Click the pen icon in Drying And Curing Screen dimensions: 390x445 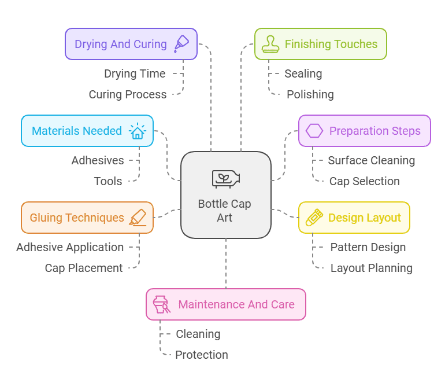(x=181, y=43)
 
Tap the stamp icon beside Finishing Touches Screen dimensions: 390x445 (x=270, y=44)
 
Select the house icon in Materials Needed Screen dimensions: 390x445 (x=138, y=131)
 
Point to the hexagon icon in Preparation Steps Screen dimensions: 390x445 (x=314, y=131)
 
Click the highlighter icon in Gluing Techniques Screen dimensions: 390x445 (x=138, y=218)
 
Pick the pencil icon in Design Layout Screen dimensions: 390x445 (x=314, y=218)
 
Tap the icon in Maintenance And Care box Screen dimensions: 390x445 (x=161, y=304)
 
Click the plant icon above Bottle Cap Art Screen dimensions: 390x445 (x=225, y=179)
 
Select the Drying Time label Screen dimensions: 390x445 (x=135, y=73)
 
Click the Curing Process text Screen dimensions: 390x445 (x=127, y=94)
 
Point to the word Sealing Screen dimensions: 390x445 (x=303, y=73)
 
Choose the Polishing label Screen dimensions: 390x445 (x=310, y=94)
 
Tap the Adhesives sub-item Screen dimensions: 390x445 (x=98, y=160)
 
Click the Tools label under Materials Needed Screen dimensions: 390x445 (x=108, y=181)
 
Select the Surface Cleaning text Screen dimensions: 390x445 (x=371, y=160)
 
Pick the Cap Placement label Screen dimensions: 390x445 (x=84, y=268)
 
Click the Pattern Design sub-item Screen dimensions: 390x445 (x=368, y=247)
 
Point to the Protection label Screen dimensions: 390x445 (x=201, y=355)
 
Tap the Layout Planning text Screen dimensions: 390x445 (x=371, y=268)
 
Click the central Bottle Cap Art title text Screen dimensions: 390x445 (x=225, y=211)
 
